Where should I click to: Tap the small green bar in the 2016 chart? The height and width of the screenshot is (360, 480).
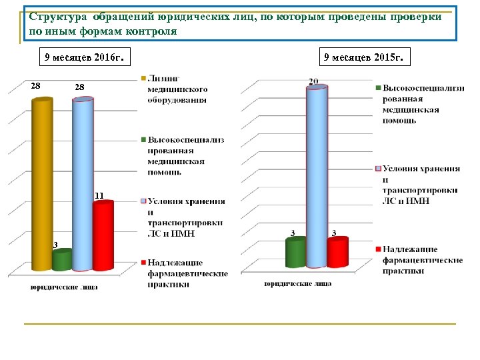coord(61,260)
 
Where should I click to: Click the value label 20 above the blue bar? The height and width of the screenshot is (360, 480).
coord(313,81)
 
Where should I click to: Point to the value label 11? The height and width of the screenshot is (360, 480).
coord(99,195)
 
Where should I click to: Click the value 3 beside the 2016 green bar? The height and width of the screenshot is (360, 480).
coord(55,245)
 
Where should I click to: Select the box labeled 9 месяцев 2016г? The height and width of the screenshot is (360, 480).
coord(83,58)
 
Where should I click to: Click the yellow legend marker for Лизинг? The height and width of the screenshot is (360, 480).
coord(143,80)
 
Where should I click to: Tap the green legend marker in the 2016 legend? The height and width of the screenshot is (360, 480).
coord(143,140)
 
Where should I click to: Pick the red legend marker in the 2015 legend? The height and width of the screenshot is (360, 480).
coord(378,249)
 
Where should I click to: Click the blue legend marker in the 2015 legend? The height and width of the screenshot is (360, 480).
coord(378,169)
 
